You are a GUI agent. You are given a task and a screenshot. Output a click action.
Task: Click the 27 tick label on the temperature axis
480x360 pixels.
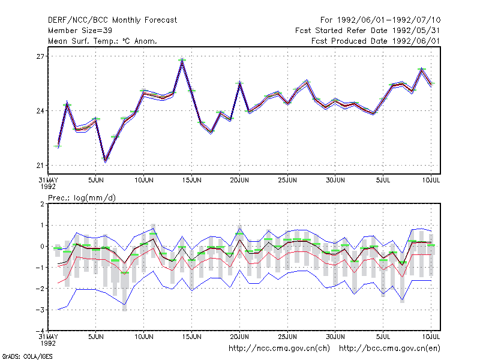[40, 56]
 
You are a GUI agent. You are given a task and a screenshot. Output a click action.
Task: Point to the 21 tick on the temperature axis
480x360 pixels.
[40, 166]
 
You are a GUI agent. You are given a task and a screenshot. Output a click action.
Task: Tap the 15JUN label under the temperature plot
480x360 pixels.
[191, 180]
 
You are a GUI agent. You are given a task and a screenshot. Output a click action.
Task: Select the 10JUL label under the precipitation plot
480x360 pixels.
[431, 337]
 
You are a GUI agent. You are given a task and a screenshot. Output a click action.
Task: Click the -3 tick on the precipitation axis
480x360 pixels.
[40, 310]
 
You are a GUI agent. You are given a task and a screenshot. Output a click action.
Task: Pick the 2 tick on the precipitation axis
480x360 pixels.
[42, 204]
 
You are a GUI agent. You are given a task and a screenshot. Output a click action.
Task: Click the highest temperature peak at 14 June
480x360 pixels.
[182, 59]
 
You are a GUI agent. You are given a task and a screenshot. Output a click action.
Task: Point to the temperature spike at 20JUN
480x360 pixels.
[239, 83]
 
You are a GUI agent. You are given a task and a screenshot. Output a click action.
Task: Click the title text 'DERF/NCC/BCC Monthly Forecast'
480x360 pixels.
[112, 20]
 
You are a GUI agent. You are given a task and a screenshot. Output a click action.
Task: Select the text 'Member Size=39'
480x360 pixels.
[80, 31]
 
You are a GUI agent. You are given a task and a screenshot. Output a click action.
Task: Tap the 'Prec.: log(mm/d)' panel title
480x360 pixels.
[82, 198]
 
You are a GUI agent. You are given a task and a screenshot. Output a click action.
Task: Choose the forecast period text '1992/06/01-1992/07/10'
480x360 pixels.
[388, 20]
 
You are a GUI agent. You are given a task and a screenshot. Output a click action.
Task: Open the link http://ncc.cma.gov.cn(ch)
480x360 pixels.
[279, 349]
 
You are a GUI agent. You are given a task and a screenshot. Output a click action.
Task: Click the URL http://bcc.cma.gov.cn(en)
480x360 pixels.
[389, 349]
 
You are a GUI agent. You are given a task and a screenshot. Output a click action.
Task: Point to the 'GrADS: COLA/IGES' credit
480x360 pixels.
[27, 356]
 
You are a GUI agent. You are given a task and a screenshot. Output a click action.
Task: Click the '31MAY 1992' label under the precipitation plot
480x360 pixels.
[48, 340]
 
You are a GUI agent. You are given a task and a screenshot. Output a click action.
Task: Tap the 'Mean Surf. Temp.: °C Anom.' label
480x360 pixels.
[102, 41]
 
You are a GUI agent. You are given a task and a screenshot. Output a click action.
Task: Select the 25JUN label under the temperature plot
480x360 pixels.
[287, 180]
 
